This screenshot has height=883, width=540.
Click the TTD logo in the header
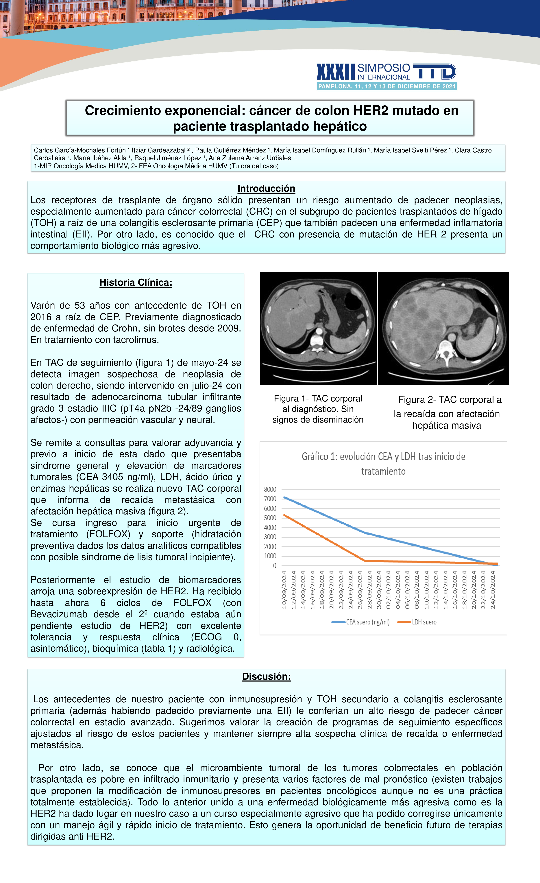434,72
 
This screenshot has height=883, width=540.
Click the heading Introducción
266,189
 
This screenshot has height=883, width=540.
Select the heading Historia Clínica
136,282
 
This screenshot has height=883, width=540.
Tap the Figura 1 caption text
318,409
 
